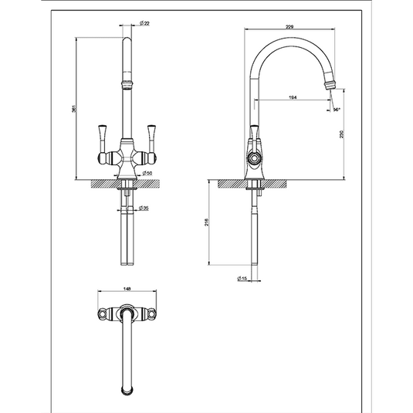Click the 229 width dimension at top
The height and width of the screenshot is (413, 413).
coord(289,26)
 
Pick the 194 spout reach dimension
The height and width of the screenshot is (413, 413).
coord(293,96)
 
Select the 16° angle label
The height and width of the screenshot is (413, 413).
coord(337,110)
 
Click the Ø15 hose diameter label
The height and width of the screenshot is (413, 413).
coord(242,279)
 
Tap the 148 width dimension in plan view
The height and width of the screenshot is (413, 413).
coord(127,290)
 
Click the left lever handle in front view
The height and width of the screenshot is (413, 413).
coord(101,137)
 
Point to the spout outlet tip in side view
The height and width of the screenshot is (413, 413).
coord(332,81)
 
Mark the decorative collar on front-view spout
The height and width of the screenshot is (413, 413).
coord(126,80)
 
